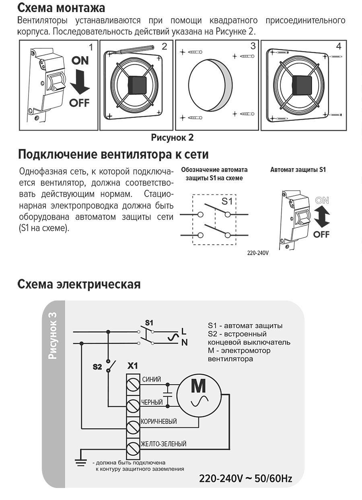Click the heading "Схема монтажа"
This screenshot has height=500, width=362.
point(62,8)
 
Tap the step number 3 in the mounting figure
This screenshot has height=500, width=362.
point(253,46)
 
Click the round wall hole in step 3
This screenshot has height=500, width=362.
point(210,85)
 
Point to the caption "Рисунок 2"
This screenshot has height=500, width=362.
point(172,138)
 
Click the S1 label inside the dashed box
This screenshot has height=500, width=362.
point(227,201)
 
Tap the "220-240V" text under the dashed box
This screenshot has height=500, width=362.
point(258,253)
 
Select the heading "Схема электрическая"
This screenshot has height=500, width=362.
point(79,284)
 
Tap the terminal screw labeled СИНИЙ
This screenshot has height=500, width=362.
point(133,384)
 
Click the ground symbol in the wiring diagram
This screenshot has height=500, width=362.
point(81,462)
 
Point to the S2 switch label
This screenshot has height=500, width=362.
point(97,366)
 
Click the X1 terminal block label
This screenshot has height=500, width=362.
point(132,366)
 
